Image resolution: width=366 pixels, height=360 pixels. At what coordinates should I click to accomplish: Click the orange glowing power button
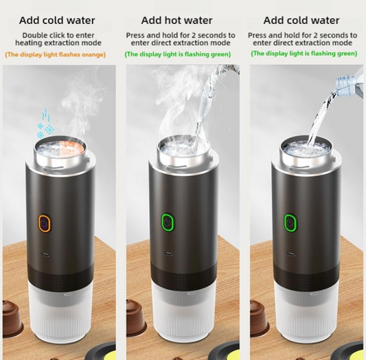pyautogui.click(x=45, y=223)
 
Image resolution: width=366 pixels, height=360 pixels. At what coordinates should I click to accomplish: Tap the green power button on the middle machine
pyautogui.click(x=168, y=222)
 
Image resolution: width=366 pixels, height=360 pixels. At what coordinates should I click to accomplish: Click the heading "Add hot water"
pyautogui.click(x=176, y=21)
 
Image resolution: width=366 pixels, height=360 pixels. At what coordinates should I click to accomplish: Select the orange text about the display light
pyautogui.click(x=56, y=55)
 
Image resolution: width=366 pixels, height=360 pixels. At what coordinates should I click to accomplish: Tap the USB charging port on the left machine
pyautogui.click(x=45, y=254)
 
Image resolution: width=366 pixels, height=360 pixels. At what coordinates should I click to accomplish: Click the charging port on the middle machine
pyautogui.click(x=168, y=254)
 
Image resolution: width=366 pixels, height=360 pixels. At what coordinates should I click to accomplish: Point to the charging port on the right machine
pyautogui.click(x=291, y=254)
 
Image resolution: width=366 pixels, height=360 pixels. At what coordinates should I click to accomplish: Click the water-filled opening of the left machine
pyautogui.click(x=60, y=147)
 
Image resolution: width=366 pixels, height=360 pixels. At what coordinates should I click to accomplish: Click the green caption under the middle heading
pyautogui.click(x=178, y=54)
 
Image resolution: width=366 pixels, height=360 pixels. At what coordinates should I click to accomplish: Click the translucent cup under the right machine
pyautogui.click(x=306, y=313)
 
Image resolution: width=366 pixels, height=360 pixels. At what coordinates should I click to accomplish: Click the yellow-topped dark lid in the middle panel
pyautogui.click(x=224, y=351)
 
